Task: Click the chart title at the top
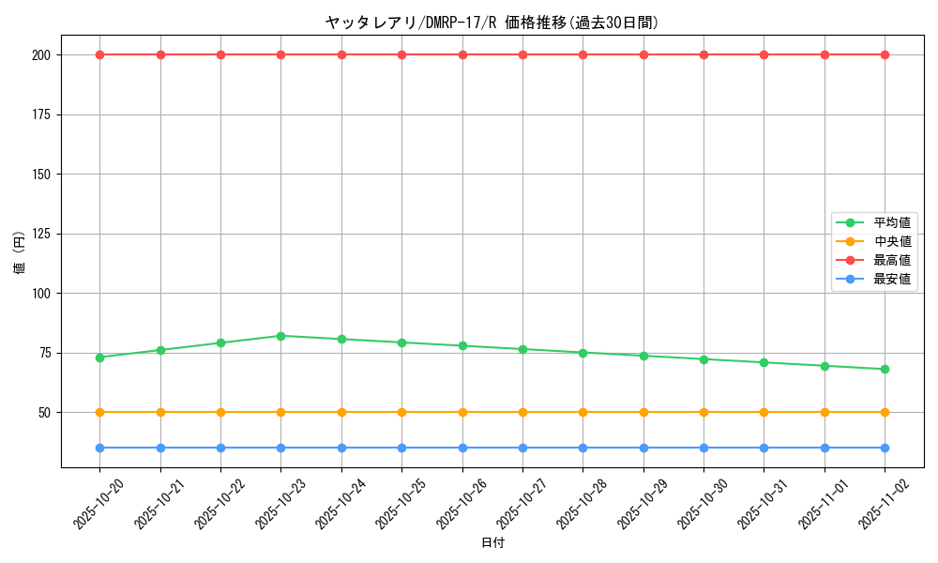click(492, 23)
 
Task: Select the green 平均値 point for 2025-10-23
click(280, 336)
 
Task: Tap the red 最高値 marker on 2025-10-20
click(99, 54)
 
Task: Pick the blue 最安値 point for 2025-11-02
click(885, 448)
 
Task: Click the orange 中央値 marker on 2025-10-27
click(522, 412)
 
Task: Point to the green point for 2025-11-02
click(885, 369)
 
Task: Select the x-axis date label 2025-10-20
click(98, 504)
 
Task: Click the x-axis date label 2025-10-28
click(581, 504)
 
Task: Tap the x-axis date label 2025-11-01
click(823, 504)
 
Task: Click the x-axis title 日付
click(492, 543)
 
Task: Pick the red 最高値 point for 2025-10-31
click(764, 54)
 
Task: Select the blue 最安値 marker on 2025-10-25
click(401, 448)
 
